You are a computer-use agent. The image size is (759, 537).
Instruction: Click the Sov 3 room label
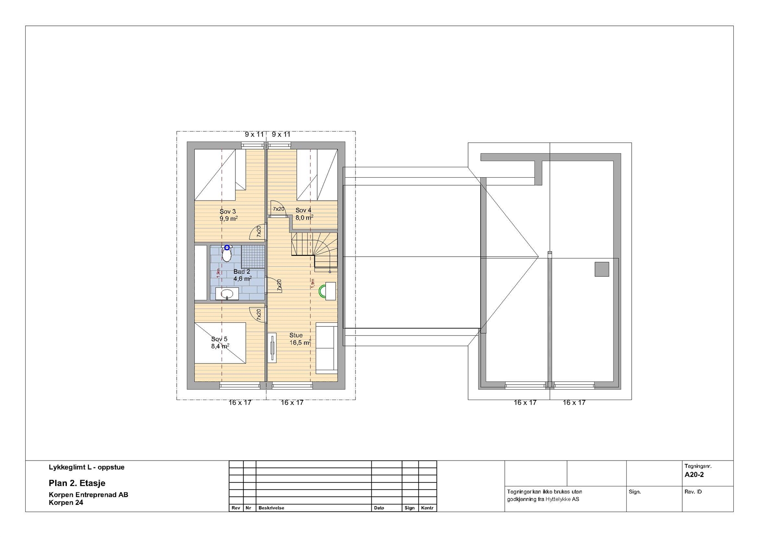[x=228, y=212]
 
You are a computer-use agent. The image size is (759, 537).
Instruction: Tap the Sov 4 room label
[x=303, y=210]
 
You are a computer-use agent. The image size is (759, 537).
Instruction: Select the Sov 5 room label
[x=219, y=339]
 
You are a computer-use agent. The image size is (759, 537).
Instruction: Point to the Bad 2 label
[x=242, y=272]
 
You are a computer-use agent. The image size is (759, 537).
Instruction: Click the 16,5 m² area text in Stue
[x=300, y=343]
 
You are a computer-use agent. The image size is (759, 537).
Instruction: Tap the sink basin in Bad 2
[x=227, y=294]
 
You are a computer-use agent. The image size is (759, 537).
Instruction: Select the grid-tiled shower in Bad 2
[x=253, y=256]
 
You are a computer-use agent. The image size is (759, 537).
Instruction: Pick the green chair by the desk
[x=322, y=291]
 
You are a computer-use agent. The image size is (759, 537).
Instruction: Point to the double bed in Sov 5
[x=220, y=343]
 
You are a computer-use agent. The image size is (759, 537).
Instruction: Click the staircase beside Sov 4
[x=314, y=251]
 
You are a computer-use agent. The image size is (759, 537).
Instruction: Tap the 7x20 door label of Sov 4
[x=278, y=209]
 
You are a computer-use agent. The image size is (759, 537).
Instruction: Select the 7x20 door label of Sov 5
[x=259, y=315]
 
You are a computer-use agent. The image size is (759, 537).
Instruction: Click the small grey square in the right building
[x=602, y=269]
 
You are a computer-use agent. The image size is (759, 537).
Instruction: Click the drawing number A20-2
[x=694, y=475]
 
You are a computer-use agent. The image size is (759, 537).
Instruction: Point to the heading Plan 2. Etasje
[x=77, y=483]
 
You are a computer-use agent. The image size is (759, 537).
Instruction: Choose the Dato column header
[x=379, y=508]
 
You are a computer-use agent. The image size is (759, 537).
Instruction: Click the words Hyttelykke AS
[x=562, y=499]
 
